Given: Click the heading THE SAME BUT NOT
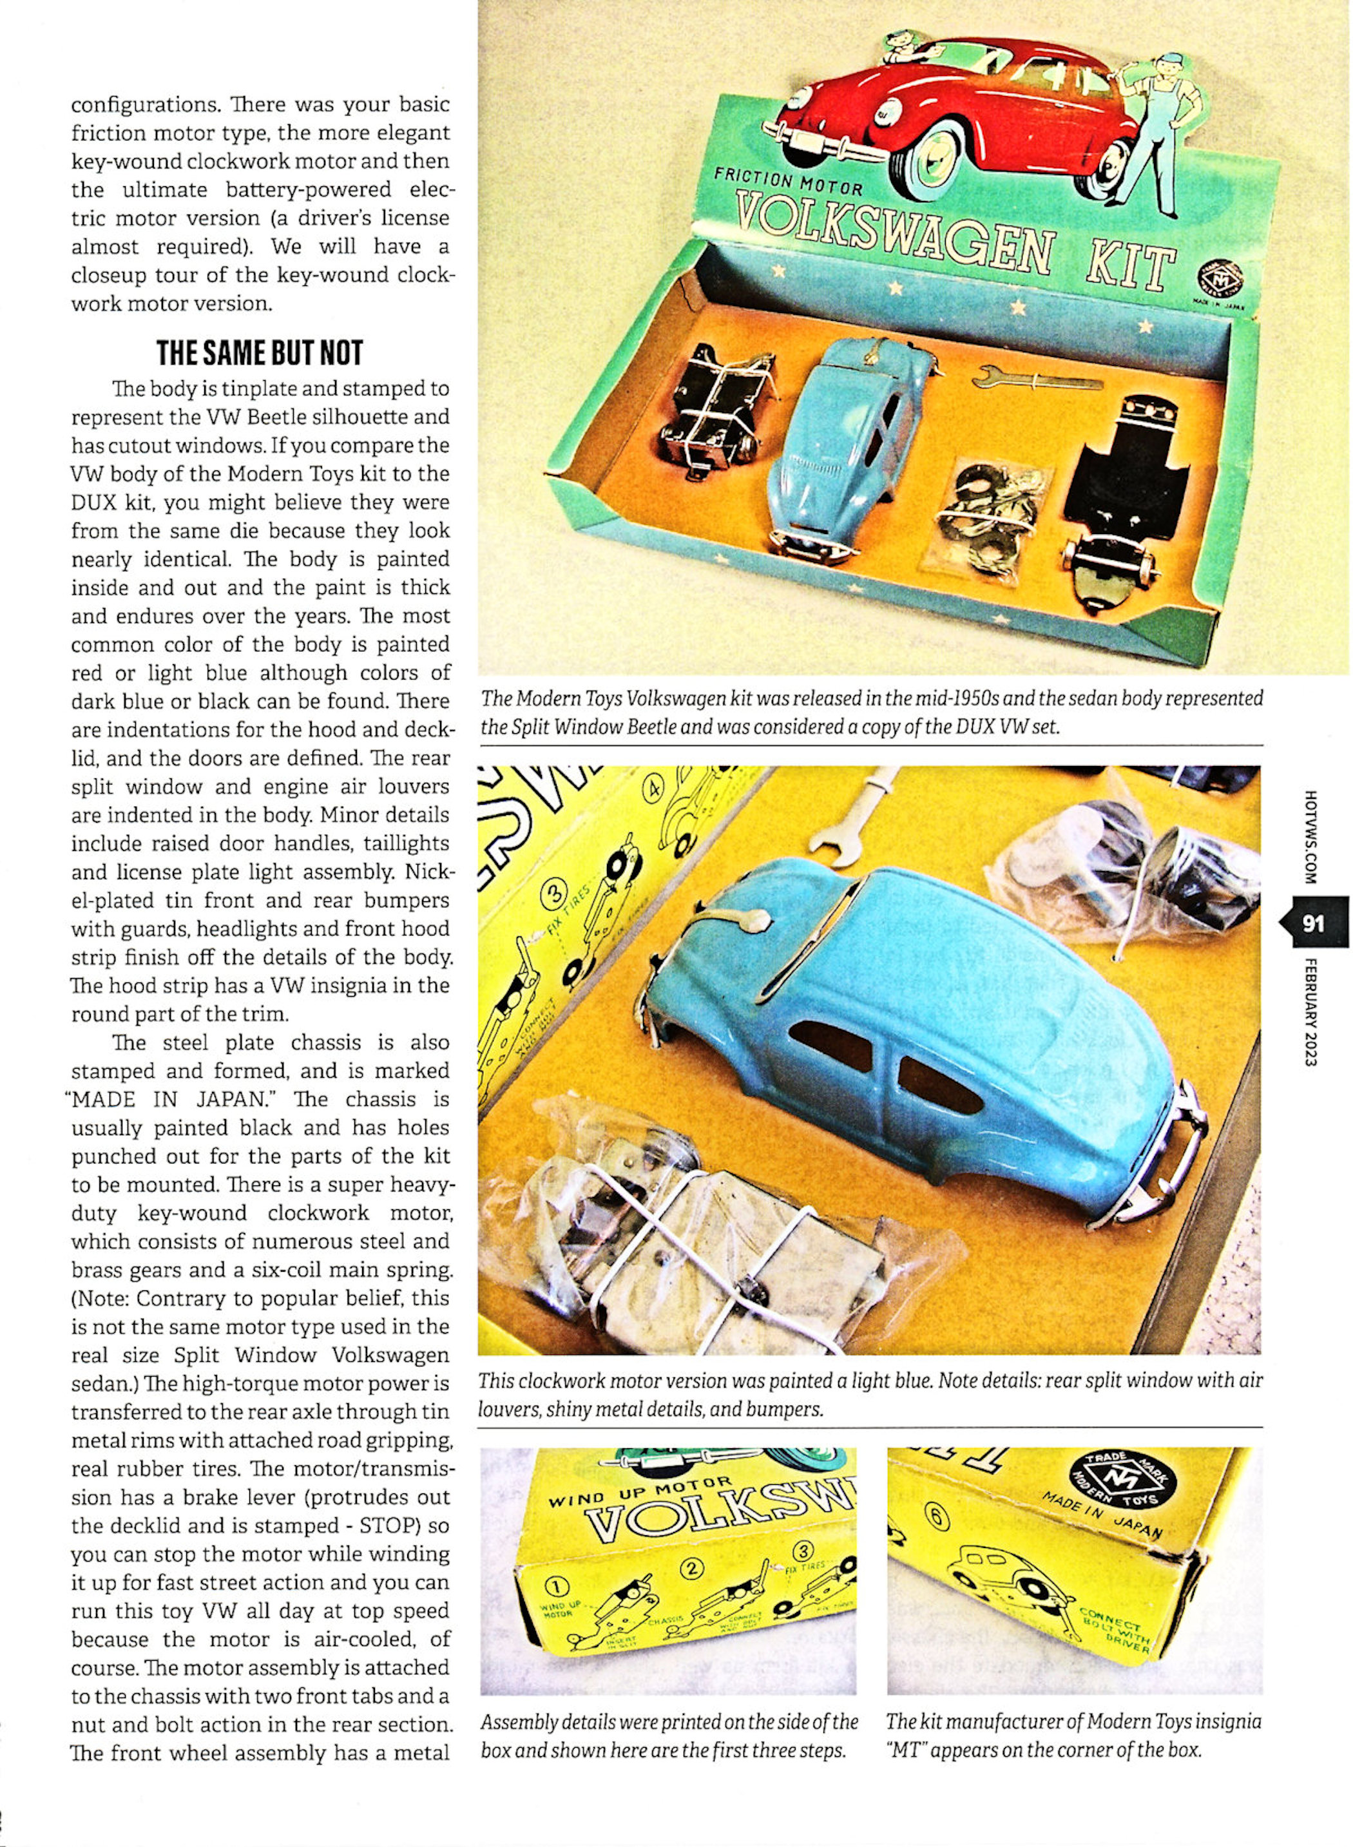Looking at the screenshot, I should tap(260, 353).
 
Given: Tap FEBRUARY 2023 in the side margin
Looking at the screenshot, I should tap(1311, 1011).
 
